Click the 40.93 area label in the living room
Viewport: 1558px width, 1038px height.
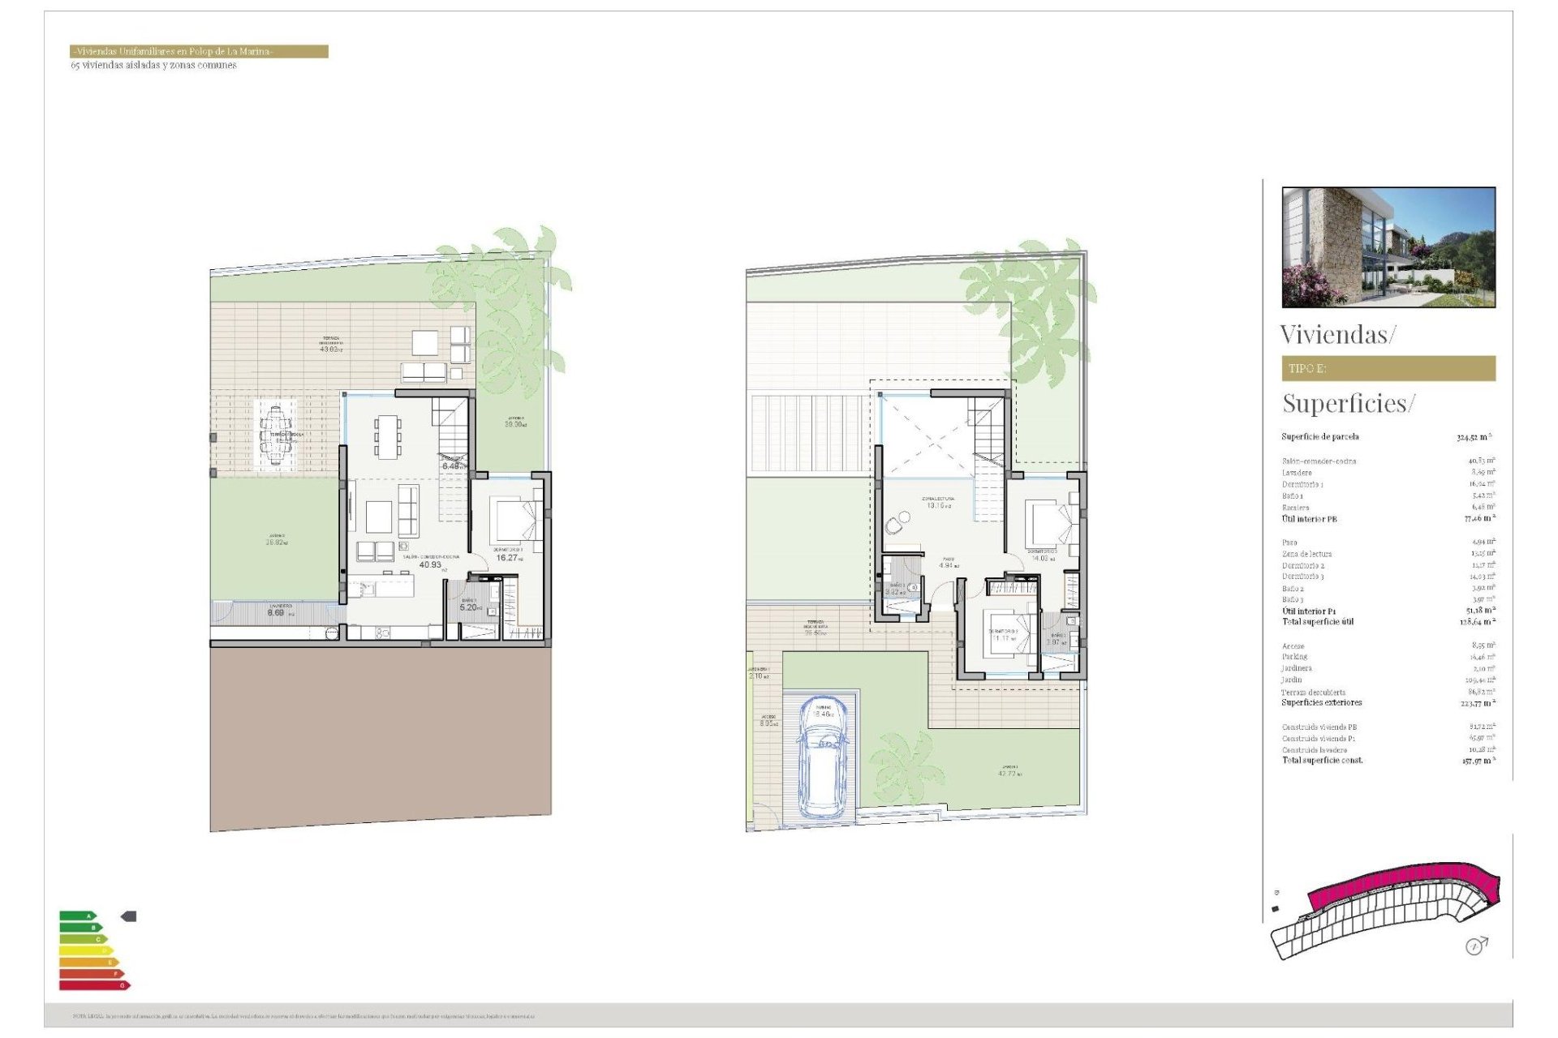click(x=430, y=564)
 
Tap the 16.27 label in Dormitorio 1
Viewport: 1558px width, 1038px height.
click(x=507, y=558)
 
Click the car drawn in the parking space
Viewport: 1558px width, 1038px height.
click(x=824, y=757)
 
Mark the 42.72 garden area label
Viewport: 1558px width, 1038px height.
click(x=1009, y=774)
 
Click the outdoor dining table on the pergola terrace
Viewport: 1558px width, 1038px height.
click(x=276, y=435)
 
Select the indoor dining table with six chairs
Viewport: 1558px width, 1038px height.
click(x=387, y=436)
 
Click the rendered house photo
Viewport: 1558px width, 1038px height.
click(x=1388, y=247)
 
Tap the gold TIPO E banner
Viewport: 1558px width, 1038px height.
click(x=1388, y=368)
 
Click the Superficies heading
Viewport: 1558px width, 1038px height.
click(x=1348, y=404)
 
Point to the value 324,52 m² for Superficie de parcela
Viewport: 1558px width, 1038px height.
click(x=1473, y=438)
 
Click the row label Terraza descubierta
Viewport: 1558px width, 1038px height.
click(x=1313, y=693)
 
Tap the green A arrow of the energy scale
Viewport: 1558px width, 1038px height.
click(x=78, y=916)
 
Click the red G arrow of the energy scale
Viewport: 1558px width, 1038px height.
click(x=94, y=985)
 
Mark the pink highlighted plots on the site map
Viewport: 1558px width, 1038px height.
click(x=1404, y=888)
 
